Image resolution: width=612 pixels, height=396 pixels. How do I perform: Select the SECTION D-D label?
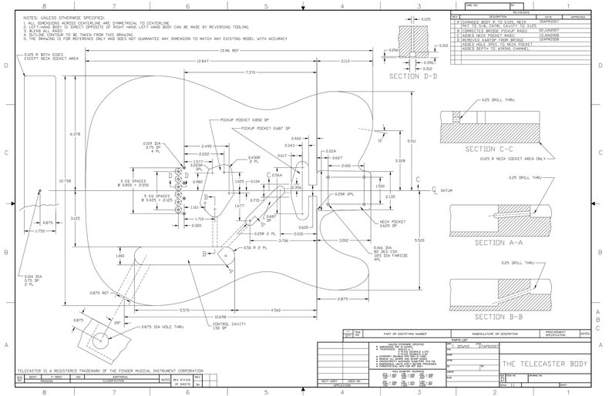click(x=413, y=76)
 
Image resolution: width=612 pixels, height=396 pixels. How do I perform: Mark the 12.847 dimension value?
click(x=202, y=61)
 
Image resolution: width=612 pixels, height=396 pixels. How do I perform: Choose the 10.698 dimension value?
click(x=220, y=317)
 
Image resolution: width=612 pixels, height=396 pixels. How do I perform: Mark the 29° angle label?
click(x=118, y=324)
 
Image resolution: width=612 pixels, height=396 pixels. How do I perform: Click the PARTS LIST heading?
click(x=461, y=340)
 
